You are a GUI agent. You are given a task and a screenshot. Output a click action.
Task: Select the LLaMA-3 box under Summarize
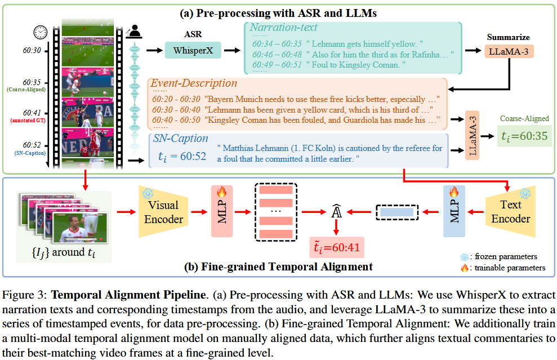point(509,52)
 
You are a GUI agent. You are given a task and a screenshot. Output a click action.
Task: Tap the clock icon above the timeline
point(39,32)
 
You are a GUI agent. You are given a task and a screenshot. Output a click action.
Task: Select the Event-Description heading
point(194,83)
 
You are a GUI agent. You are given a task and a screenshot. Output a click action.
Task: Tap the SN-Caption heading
point(181,138)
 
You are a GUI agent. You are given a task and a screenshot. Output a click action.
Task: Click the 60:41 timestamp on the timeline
point(33,113)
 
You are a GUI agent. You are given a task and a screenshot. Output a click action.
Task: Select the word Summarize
point(509,37)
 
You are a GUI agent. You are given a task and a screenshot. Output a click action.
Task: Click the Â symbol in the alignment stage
point(336,213)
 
